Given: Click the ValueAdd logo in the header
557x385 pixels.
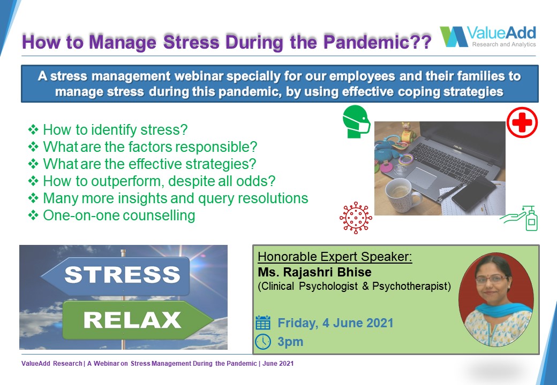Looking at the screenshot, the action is click(x=488, y=36).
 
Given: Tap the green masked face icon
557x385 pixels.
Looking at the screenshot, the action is click(x=356, y=121).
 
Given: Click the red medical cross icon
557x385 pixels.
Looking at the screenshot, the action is click(x=522, y=122).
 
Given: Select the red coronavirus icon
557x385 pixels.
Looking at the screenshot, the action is click(x=356, y=218).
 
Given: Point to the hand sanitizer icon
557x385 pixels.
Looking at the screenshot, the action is click(x=519, y=218).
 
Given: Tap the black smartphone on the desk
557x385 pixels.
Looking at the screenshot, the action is click(x=473, y=194).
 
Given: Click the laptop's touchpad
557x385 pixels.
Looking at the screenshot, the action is click(x=421, y=178).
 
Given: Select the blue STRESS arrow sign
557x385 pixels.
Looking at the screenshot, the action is click(x=116, y=276).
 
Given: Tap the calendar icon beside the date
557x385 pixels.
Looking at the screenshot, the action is click(x=263, y=322).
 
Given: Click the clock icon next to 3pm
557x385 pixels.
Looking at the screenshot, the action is click(x=263, y=341).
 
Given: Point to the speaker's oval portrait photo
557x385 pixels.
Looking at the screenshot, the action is click(x=496, y=299).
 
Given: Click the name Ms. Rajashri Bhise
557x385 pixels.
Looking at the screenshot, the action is click(x=314, y=272).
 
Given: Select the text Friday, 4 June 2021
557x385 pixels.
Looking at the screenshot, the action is click(x=335, y=323).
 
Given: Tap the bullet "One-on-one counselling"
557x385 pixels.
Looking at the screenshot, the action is click(x=119, y=215).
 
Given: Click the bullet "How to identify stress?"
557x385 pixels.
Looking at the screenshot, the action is click(x=115, y=130).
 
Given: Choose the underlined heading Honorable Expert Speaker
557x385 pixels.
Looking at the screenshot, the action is click(x=335, y=256).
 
